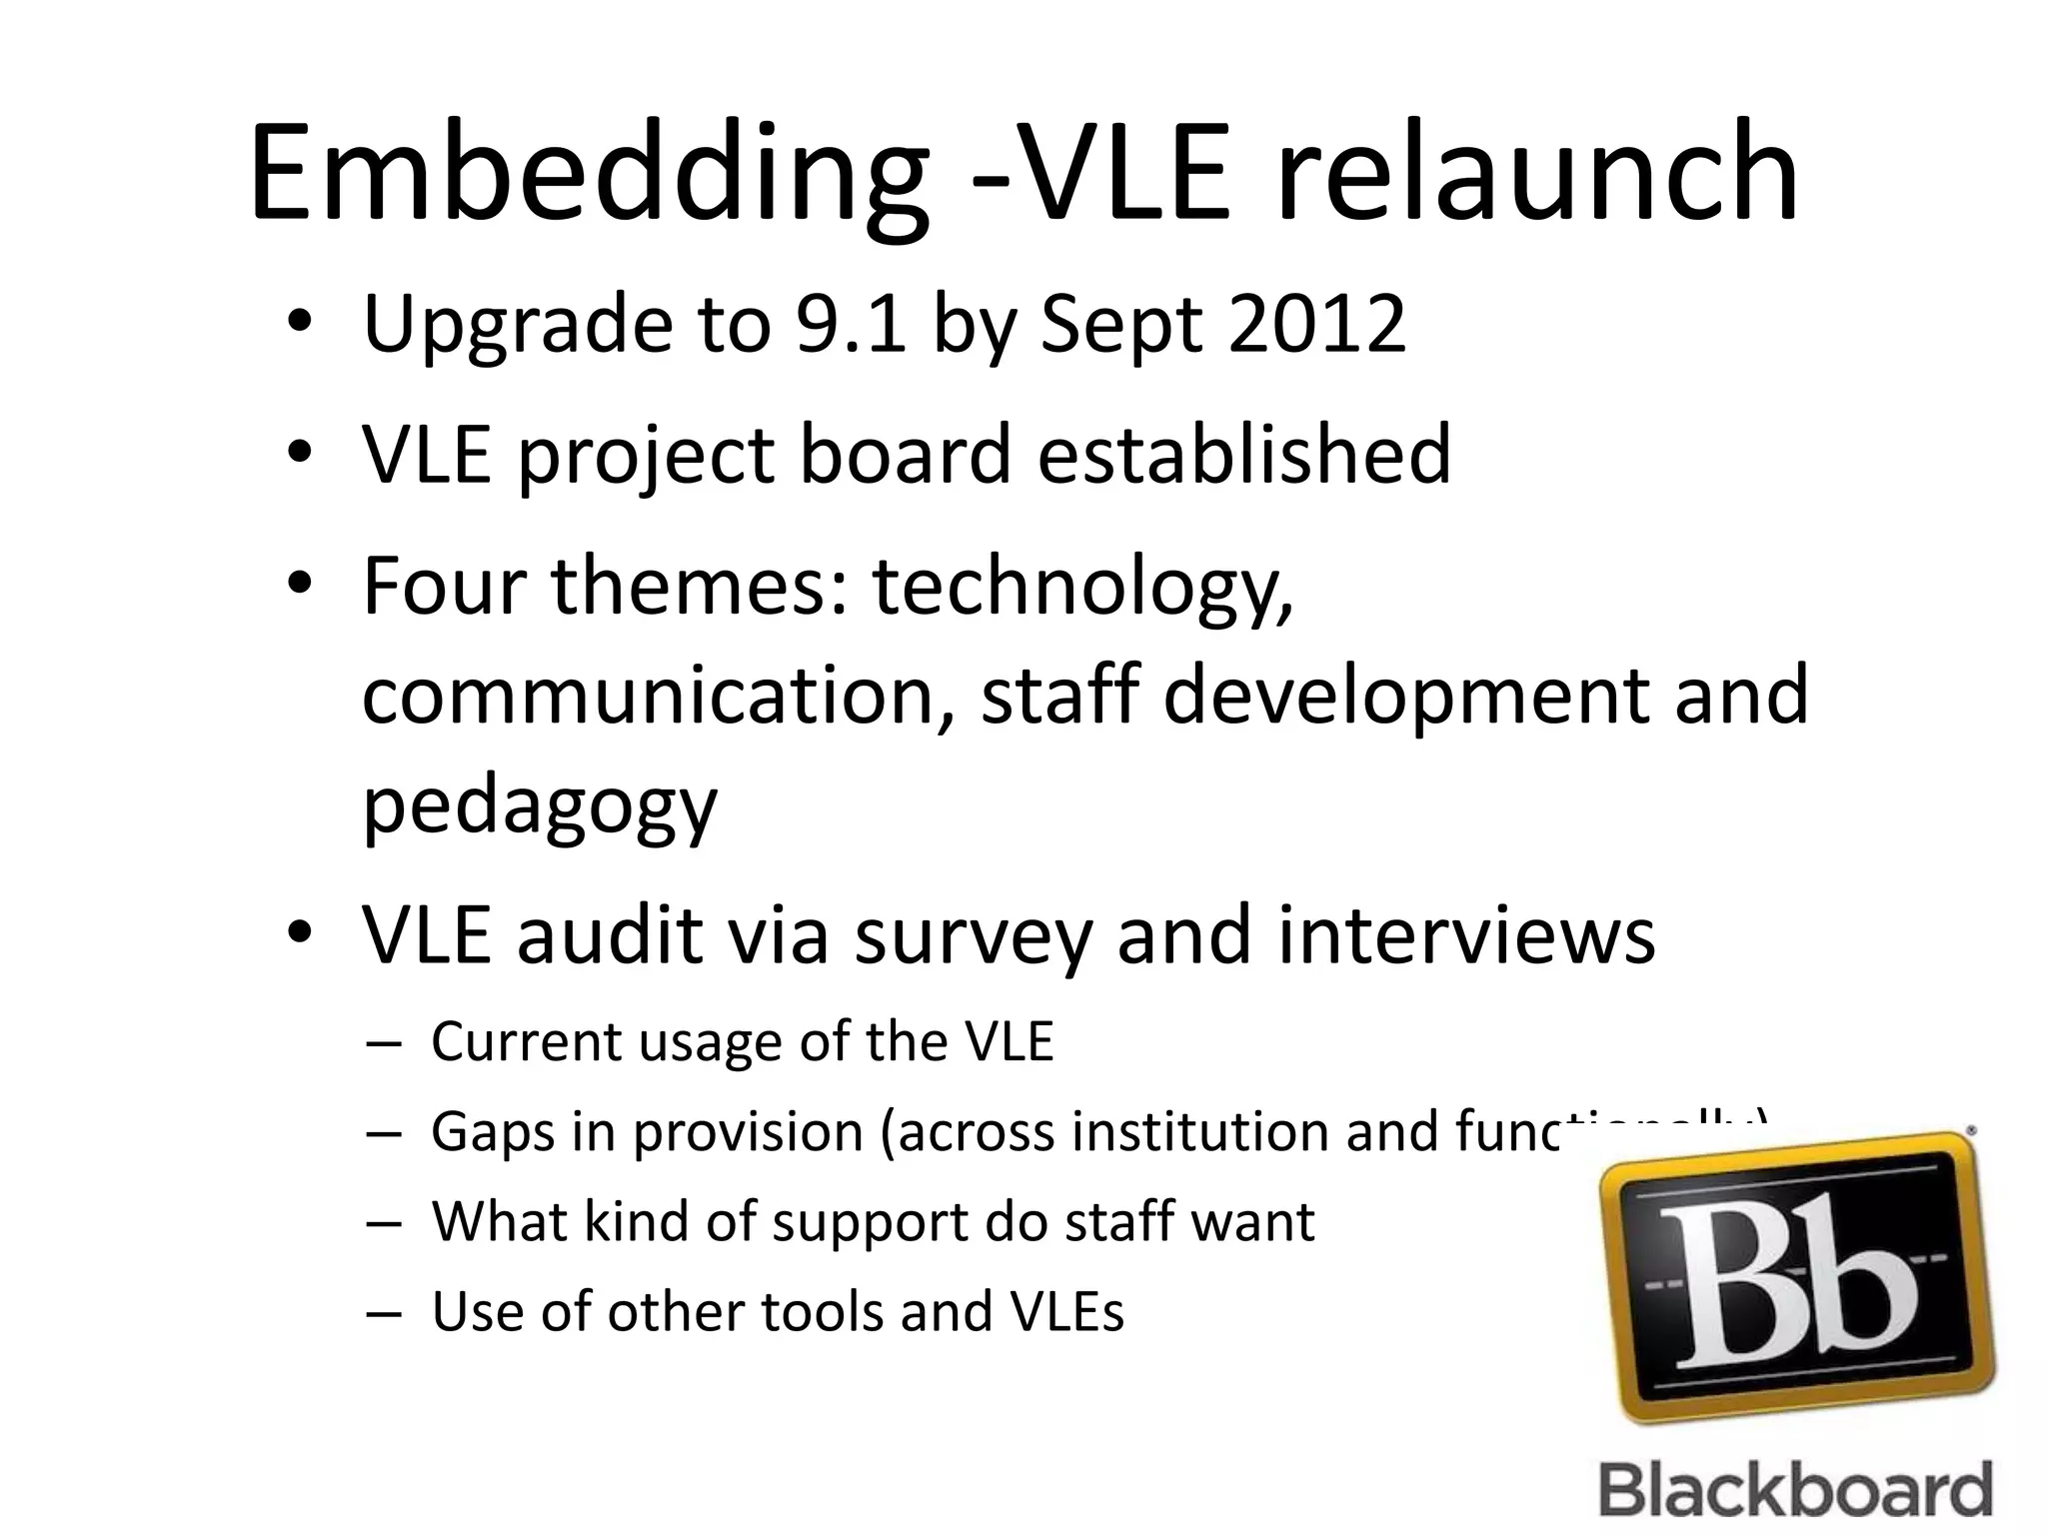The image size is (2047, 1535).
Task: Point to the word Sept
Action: pos(1120,326)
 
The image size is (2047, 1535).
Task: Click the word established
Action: pos(1243,455)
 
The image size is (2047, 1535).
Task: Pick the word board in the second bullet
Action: pos(905,455)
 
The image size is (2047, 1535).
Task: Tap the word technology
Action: pos(1083,588)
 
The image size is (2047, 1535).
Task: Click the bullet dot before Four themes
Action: pos(299,586)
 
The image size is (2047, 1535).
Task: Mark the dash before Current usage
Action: pos(384,1043)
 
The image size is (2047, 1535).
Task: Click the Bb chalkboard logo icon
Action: pos(1793,1279)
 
